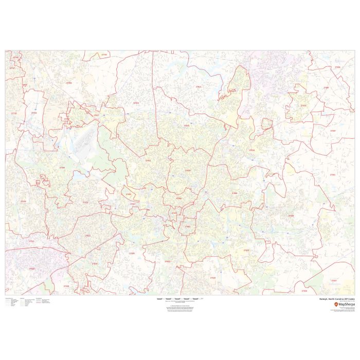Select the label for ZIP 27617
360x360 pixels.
click(x=96, y=116)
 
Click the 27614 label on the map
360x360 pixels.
click(x=199, y=87)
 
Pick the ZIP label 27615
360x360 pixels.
click(x=187, y=125)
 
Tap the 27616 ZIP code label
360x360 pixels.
click(x=251, y=150)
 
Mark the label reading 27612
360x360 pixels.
click(x=148, y=160)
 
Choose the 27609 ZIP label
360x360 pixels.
click(x=188, y=171)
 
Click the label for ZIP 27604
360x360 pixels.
click(x=235, y=193)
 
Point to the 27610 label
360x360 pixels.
click(x=246, y=250)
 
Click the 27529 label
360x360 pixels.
click(x=212, y=278)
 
